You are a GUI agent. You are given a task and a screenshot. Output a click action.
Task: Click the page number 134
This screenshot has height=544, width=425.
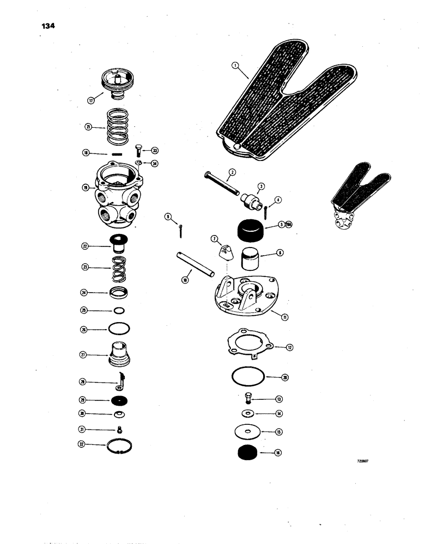tap(47, 26)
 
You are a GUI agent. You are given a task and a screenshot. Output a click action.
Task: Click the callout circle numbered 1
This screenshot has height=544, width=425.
tap(235, 66)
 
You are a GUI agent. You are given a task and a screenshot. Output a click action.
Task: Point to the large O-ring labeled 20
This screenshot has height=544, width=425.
tap(248, 376)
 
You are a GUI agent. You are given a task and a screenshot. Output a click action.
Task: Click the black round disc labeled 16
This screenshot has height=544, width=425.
tap(248, 452)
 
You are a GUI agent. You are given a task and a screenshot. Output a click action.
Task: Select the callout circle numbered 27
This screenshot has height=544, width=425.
tap(85, 355)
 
